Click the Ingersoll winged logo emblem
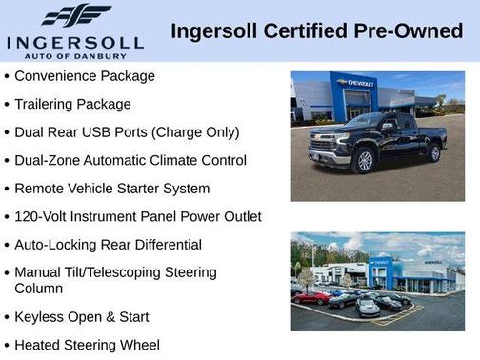click(x=76, y=16)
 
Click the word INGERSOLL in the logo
click(x=75, y=42)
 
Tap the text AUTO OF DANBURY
click(x=75, y=56)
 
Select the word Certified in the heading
click(x=301, y=31)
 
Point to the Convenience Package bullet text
click(x=85, y=76)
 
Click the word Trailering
click(x=48, y=104)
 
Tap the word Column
click(x=39, y=288)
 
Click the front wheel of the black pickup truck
click(x=363, y=163)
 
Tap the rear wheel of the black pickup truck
click(x=434, y=152)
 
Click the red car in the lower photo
click(x=311, y=298)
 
